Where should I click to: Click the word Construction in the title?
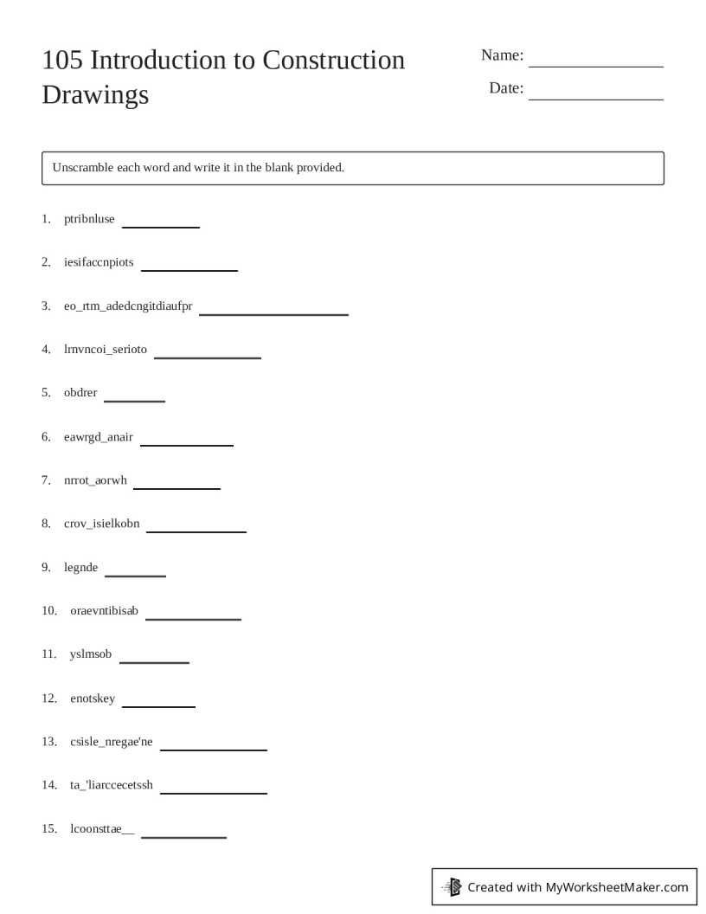(333, 61)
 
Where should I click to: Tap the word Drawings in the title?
(95, 94)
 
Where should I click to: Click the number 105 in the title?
(61, 61)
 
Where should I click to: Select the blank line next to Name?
(595, 65)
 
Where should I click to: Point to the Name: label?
(502, 55)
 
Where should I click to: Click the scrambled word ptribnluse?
(89, 219)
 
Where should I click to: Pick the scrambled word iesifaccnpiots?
(99, 262)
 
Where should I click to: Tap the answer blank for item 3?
(273, 312)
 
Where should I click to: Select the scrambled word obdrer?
(80, 393)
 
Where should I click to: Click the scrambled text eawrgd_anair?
(99, 436)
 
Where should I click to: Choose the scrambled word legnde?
(81, 568)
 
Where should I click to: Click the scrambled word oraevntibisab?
(104, 611)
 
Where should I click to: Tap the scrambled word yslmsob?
(91, 654)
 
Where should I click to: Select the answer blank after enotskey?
(158, 705)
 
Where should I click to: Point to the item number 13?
(48, 742)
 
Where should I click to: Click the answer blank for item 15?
(183, 836)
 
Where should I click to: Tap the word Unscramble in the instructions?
(82, 167)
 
